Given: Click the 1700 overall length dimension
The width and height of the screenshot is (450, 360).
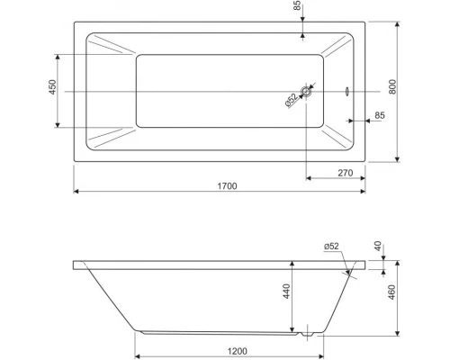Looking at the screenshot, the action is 227,186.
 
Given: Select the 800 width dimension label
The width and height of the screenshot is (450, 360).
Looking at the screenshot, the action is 392,87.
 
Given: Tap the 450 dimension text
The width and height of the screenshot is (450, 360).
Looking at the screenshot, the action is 52,87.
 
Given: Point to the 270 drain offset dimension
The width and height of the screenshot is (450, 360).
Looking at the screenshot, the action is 346,173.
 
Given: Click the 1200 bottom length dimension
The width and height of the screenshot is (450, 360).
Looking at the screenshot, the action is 238,351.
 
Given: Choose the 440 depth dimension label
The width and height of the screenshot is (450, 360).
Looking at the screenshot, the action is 286,292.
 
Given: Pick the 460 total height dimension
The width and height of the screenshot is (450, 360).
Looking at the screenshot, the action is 391,292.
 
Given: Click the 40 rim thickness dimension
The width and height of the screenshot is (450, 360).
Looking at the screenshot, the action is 378,246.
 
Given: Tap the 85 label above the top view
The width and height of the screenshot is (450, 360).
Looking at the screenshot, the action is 297,5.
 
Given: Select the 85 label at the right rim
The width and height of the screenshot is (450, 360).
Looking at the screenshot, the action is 380,115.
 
